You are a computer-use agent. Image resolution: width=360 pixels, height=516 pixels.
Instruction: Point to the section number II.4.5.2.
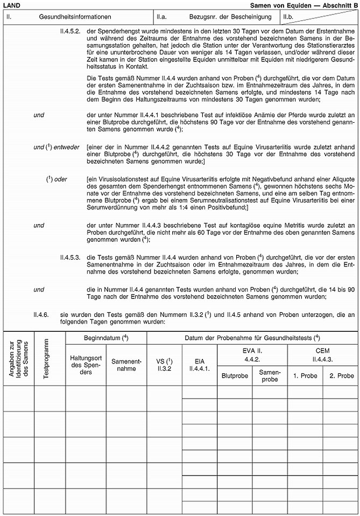[70, 31]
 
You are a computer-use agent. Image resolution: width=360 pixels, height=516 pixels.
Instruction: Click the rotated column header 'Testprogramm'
[46, 358]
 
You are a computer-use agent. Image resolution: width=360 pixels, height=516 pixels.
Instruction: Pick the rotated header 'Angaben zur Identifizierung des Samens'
[18, 358]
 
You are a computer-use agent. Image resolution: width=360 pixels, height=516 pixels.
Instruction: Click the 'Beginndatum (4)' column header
[105, 338]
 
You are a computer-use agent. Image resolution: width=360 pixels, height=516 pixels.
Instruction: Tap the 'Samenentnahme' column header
[126, 366]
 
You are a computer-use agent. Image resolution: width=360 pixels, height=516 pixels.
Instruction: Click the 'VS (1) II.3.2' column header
[164, 366]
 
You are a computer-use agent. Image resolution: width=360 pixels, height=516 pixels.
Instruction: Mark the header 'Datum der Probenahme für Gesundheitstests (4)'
[252, 338]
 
